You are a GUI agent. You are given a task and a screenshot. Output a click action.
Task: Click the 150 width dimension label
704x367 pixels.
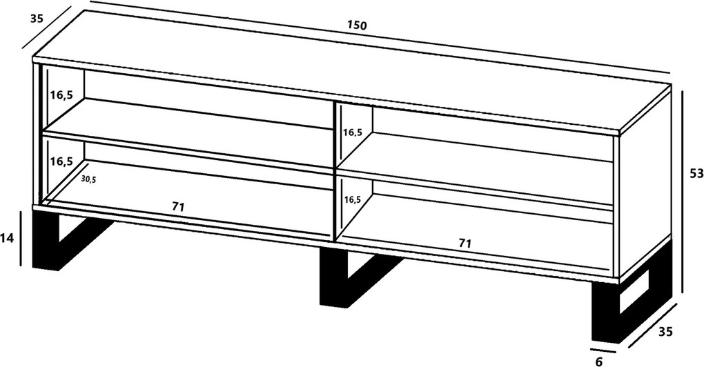point(357,25)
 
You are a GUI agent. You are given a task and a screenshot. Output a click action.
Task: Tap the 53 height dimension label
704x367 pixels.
point(696,172)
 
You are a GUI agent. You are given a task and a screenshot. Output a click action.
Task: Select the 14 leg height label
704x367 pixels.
point(7,238)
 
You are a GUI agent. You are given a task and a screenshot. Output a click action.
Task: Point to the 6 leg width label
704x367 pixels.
point(598,361)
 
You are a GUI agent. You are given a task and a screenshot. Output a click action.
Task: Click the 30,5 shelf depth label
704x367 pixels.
point(88,179)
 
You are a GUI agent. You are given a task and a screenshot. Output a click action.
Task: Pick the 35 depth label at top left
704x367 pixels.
point(37,19)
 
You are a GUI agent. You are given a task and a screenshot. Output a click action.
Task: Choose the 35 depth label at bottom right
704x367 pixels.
point(665,332)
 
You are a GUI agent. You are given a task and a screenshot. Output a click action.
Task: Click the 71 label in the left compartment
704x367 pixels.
point(178,207)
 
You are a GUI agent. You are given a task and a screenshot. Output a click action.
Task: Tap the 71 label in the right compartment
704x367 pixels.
point(465,243)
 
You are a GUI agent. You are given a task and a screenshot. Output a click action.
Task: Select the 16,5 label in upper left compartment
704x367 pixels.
point(61,95)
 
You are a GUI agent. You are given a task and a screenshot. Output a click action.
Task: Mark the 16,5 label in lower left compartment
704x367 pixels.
point(61,161)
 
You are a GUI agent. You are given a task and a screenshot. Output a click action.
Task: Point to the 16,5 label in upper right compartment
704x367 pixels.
point(353,132)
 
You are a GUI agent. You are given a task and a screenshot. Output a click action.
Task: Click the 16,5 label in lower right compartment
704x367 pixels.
point(353,199)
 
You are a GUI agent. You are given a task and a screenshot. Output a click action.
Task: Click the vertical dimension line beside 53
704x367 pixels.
point(683,192)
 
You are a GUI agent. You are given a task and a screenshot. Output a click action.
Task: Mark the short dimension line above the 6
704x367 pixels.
point(603,350)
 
